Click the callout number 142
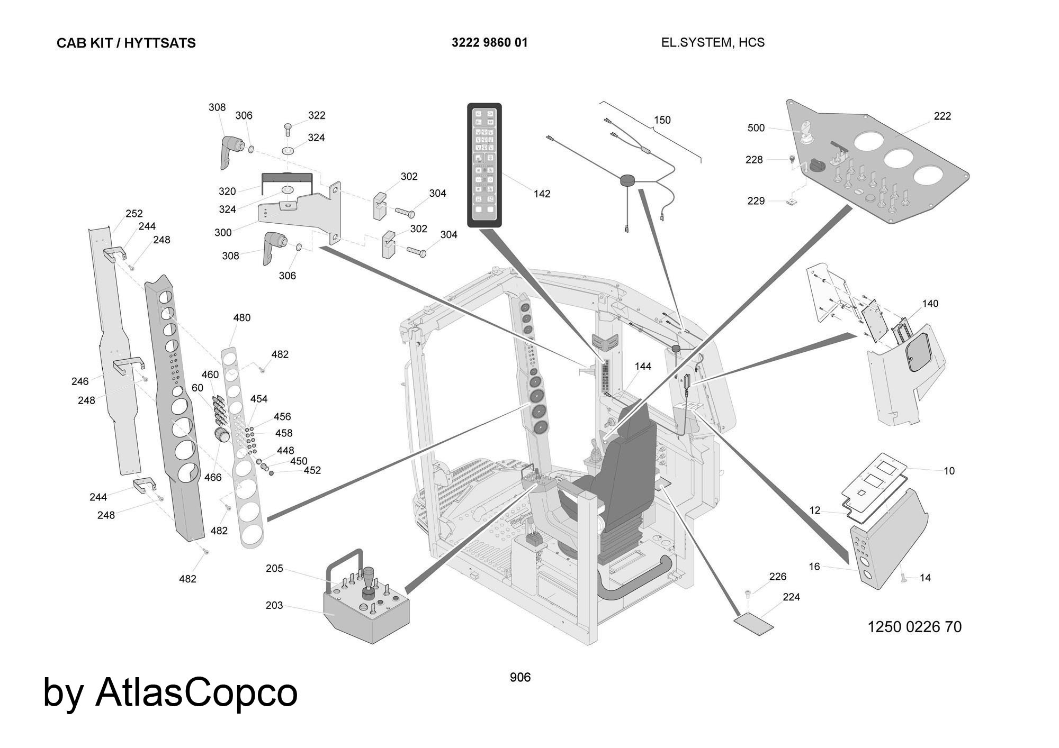pos(542,194)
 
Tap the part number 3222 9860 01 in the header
pos(489,43)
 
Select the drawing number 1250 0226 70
pos(914,627)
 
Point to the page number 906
pos(520,677)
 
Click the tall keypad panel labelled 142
pos(484,166)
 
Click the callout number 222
pos(942,116)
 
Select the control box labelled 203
pos(365,614)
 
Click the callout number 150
pos(662,120)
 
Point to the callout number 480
pos(241,318)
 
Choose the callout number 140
pos(930,304)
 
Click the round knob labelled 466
pos(221,435)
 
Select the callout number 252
pos(134,214)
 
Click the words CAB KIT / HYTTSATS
pos(126,43)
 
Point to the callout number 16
pos(814,567)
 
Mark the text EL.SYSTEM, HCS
pos(713,43)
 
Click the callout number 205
pos(274,569)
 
